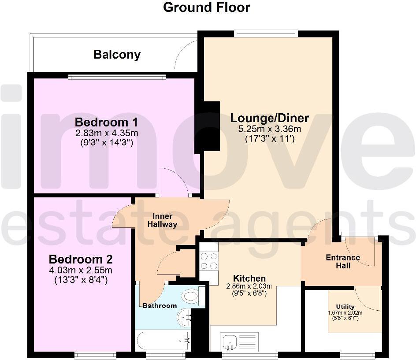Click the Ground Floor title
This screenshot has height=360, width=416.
coord(207,7)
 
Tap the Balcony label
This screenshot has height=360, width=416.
coord(117,55)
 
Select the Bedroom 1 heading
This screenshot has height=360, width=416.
coord(100,122)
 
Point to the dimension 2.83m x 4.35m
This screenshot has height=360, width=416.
coord(106,133)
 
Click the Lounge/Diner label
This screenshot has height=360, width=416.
coord(270,118)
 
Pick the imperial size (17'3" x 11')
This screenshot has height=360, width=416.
coord(270,138)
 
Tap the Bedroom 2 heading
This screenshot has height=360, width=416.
coord(81,259)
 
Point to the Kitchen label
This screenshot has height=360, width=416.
coord(249,278)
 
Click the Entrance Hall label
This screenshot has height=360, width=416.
coord(343,261)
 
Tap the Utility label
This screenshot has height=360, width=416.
coord(345,307)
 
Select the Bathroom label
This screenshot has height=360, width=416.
coord(160,305)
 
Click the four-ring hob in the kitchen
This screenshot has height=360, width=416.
coord(209,260)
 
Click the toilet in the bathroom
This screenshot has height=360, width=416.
coord(192,295)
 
